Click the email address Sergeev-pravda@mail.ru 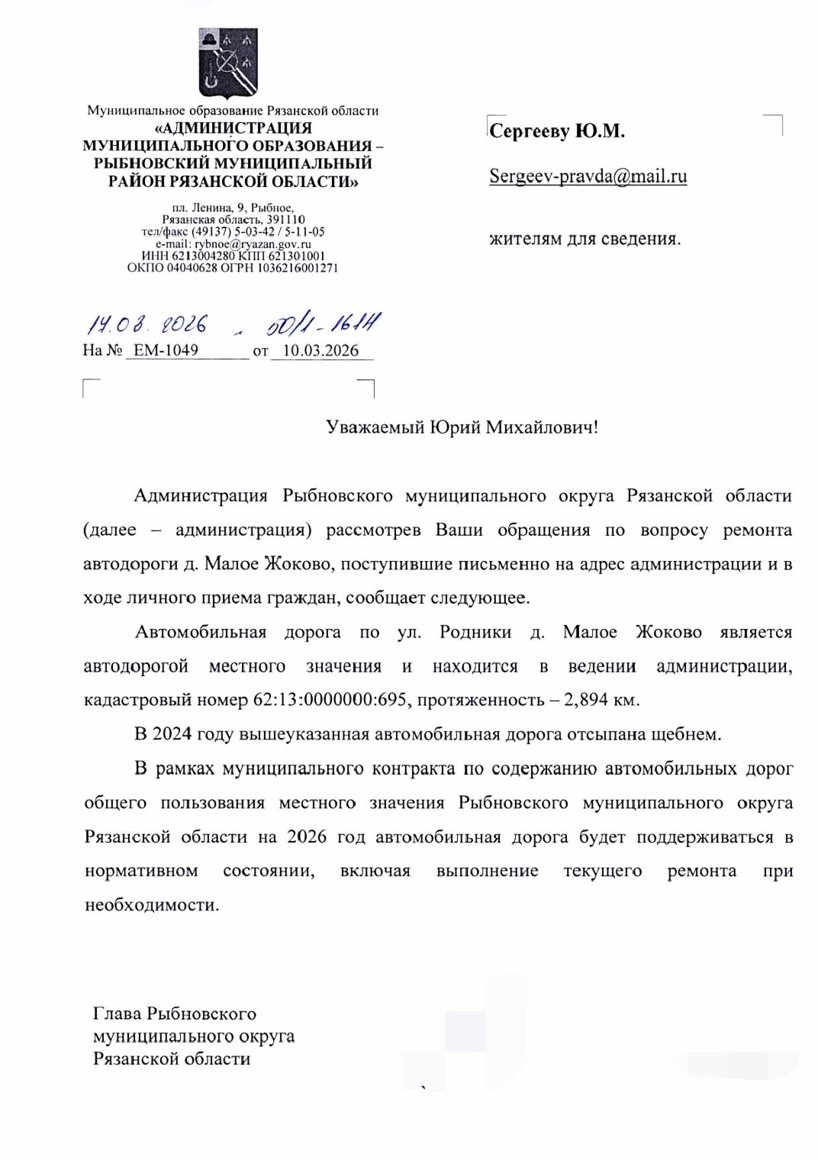point(588,176)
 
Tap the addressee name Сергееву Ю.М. point(556,131)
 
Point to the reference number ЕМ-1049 point(166,350)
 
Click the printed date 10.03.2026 point(320,350)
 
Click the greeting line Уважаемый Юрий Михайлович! point(462,427)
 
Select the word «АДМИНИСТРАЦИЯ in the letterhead point(233,128)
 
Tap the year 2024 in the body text point(172,734)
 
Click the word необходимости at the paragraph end point(151,905)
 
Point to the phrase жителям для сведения point(585,239)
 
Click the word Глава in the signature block point(118,1013)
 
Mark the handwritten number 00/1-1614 point(324,324)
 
